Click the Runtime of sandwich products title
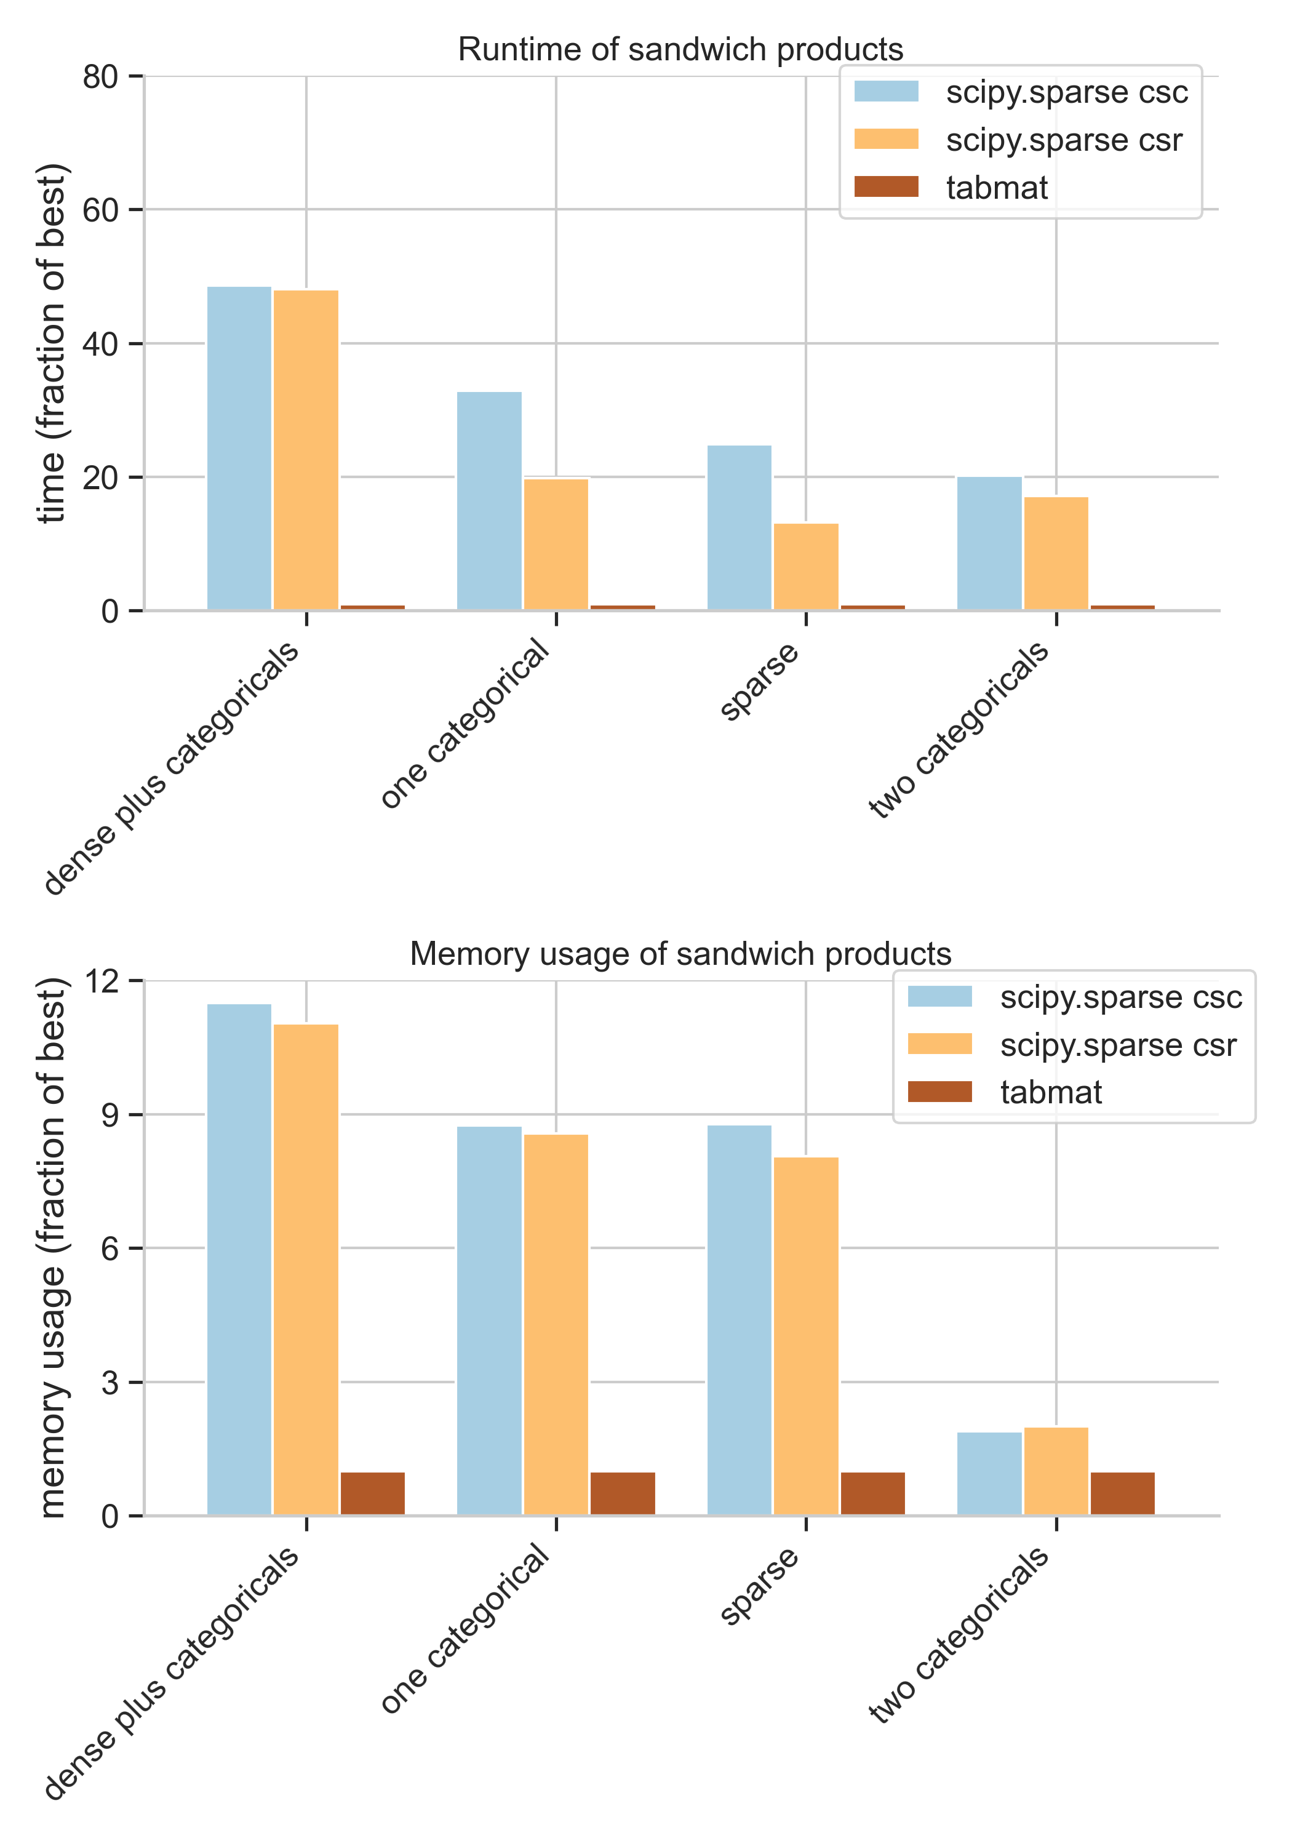[x=680, y=50]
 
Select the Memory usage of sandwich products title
[x=680, y=954]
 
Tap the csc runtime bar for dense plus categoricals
[x=239, y=448]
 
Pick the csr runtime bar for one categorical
[x=556, y=545]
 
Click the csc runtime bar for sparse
[x=739, y=527]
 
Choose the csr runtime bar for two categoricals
[x=1056, y=553]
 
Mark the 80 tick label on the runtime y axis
[x=100, y=77]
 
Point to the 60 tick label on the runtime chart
[x=100, y=210]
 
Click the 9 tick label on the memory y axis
[x=110, y=1115]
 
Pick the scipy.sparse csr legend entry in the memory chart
[x=1117, y=1045]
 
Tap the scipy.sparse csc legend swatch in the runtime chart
[x=886, y=92]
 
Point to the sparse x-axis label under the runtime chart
[x=760, y=682]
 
